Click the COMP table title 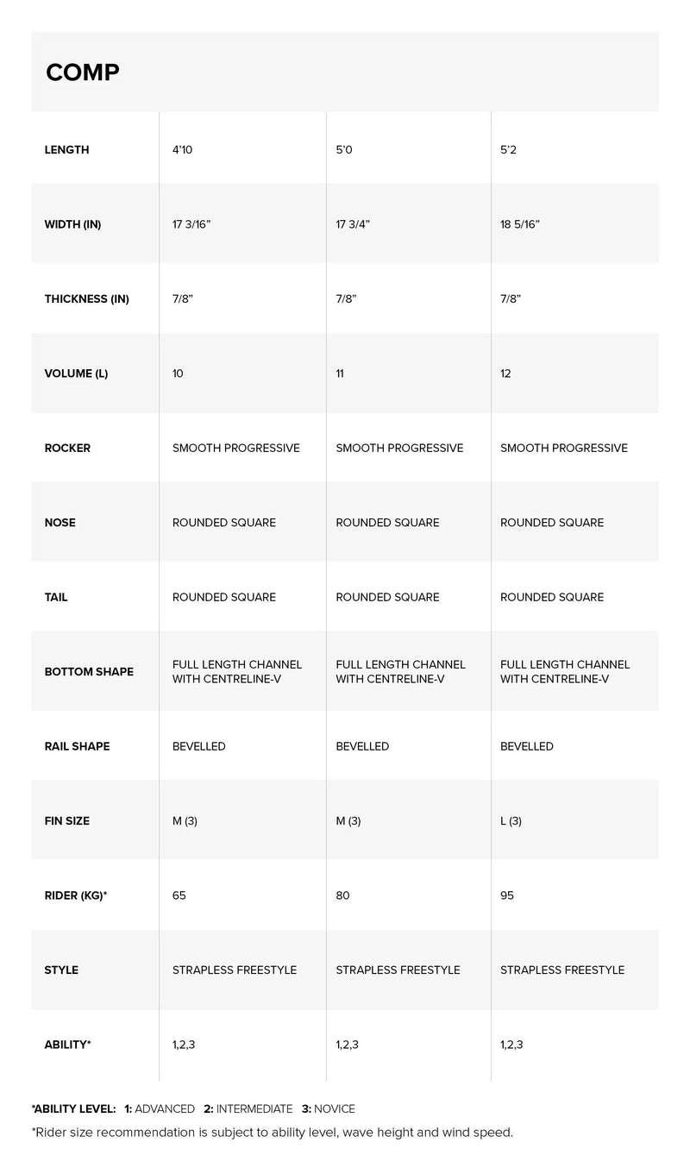click(83, 72)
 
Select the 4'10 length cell click(182, 149)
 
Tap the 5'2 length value click(510, 149)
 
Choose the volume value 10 click(178, 374)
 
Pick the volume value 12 click(505, 374)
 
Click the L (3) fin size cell click(511, 820)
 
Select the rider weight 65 click(179, 895)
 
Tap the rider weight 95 click(507, 895)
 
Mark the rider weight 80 click(342, 895)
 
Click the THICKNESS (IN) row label click(86, 299)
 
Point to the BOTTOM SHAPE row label click(89, 671)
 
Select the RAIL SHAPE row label click(77, 746)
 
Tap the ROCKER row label click(67, 448)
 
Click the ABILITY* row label click(67, 1045)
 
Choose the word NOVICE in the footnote click(336, 1108)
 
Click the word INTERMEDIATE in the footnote click(254, 1108)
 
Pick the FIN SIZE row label click(66, 820)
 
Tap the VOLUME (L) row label click(76, 374)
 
